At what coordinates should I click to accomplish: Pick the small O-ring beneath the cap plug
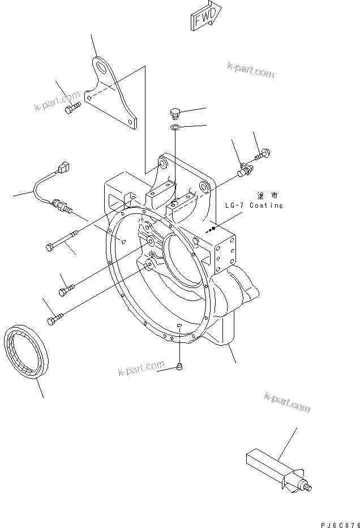tap(175, 127)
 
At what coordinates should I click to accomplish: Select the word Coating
tap(267, 205)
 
